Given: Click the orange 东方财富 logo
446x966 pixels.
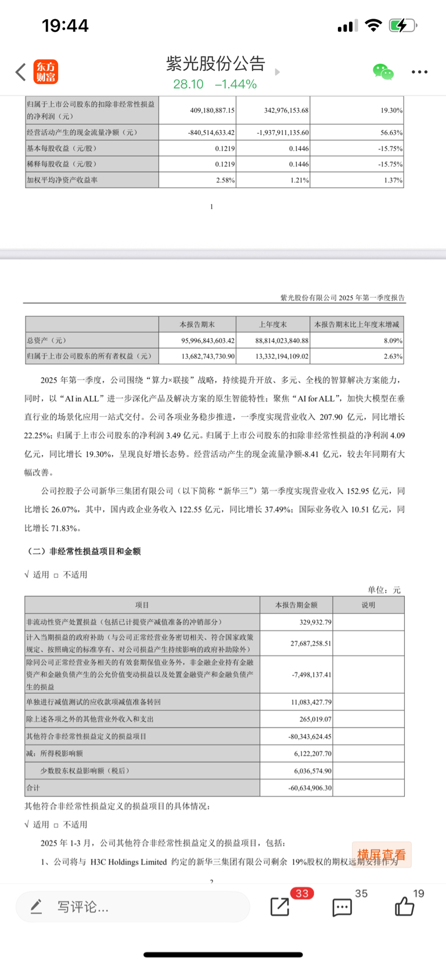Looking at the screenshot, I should click(x=45, y=71).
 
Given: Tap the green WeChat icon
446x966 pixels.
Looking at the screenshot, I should click(x=383, y=72).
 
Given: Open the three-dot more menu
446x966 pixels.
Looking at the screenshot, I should click(x=419, y=72).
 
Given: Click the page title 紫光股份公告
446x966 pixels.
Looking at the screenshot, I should click(x=215, y=63).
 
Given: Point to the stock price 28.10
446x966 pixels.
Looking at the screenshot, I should click(x=188, y=84).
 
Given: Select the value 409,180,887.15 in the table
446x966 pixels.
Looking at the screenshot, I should click(x=212, y=110).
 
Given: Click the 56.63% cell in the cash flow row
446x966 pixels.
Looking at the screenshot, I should click(x=391, y=133).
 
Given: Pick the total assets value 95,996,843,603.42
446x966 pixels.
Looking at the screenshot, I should click(x=207, y=341).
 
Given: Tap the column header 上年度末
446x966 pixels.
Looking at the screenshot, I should click(x=273, y=324).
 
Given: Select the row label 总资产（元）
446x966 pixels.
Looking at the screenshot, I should click(x=51, y=341).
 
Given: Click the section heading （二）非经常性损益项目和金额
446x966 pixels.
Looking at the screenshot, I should click(x=84, y=551).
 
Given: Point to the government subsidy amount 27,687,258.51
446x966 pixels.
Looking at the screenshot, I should click(x=311, y=643).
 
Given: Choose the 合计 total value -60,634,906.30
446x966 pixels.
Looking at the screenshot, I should click(x=310, y=788).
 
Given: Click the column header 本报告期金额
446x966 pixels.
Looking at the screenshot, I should click(x=296, y=605).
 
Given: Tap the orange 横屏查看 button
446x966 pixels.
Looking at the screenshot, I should click(x=382, y=855).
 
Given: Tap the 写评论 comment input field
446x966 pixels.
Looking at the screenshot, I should click(x=132, y=906).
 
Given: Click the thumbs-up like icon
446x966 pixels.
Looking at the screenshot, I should click(x=404, y=906).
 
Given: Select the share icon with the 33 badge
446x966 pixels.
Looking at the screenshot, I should click(x=280, y=906).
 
